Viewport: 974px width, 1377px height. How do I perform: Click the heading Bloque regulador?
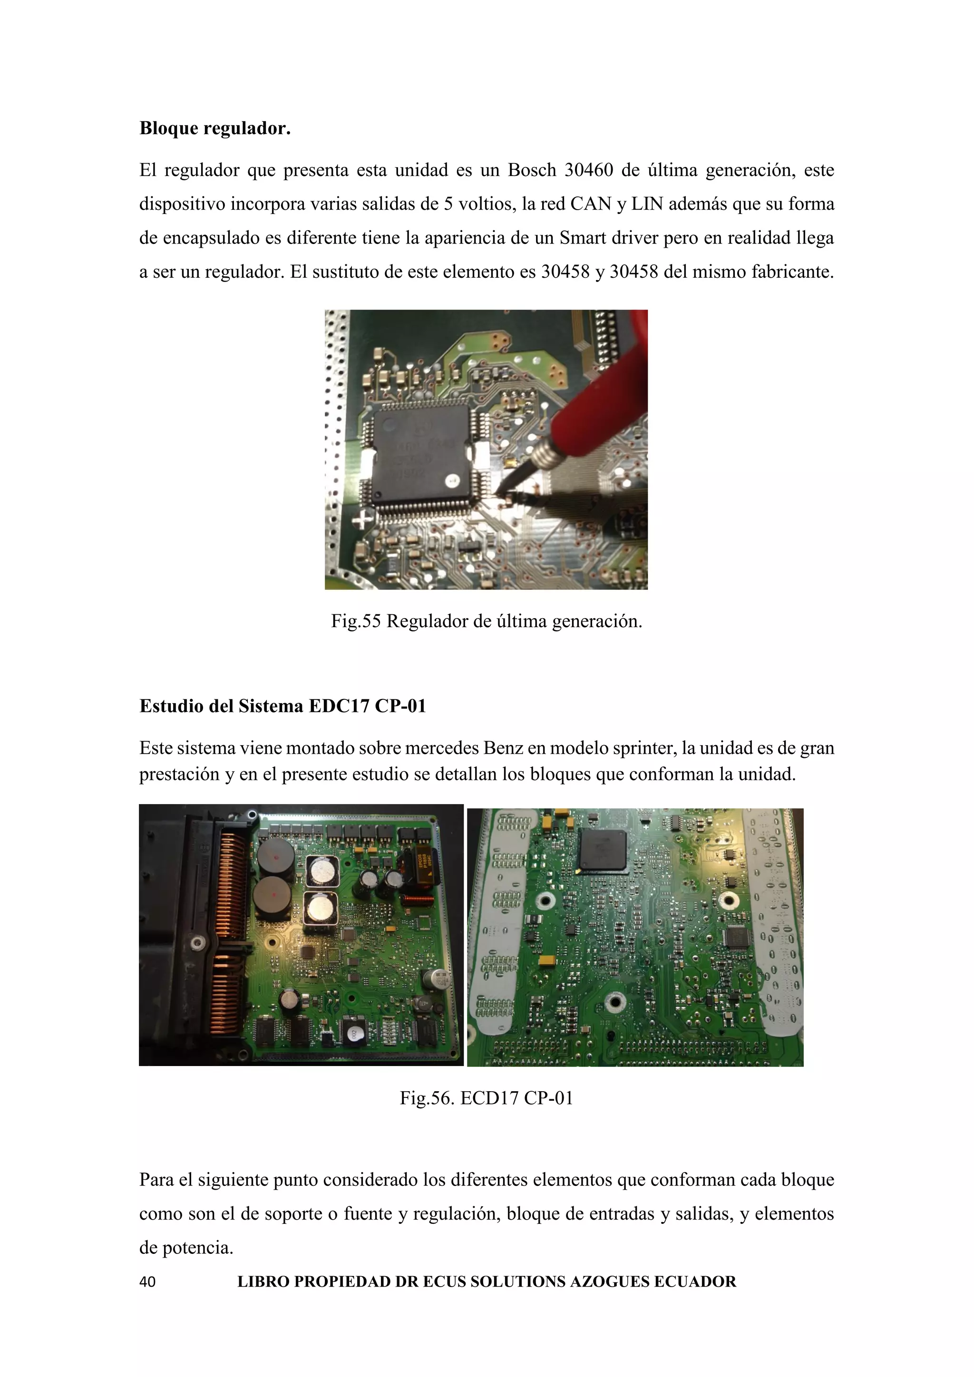point(214,128)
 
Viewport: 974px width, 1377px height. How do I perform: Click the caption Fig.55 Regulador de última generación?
point(487,621)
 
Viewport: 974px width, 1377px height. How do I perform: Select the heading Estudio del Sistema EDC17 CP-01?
point(282,706)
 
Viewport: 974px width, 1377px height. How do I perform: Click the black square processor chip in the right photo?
point(602,851)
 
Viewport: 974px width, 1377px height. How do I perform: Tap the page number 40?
point(147,1281)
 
